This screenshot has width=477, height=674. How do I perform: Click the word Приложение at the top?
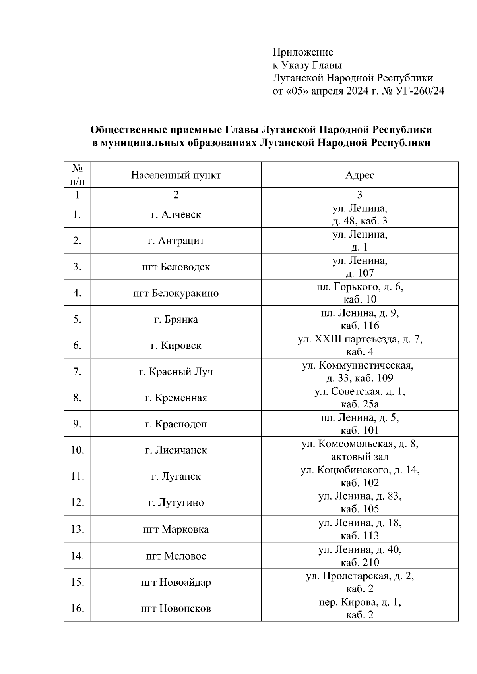[303, 52]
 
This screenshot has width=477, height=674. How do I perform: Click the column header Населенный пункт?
[176, 175]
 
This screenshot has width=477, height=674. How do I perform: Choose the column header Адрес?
[360, 175]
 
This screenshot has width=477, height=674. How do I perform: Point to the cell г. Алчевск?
[176, 214]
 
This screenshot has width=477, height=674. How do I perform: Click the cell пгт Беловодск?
[176, 267]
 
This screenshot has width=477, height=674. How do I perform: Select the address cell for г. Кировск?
[360, 346]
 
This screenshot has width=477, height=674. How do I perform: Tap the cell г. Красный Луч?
[176, 372]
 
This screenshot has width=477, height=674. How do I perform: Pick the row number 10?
[77, 450]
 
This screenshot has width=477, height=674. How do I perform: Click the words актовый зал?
[360, 457]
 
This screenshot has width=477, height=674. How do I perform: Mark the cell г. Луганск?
[176, 476]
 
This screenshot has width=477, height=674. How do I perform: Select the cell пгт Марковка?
[176, 529]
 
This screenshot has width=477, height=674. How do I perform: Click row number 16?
[77, 608]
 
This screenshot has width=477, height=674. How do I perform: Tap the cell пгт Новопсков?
[176, 608]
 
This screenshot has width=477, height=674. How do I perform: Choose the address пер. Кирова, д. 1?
[360, 602]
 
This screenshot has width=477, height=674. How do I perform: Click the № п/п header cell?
[77, 175]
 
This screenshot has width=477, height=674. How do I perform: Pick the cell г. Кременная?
[176, 398]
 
